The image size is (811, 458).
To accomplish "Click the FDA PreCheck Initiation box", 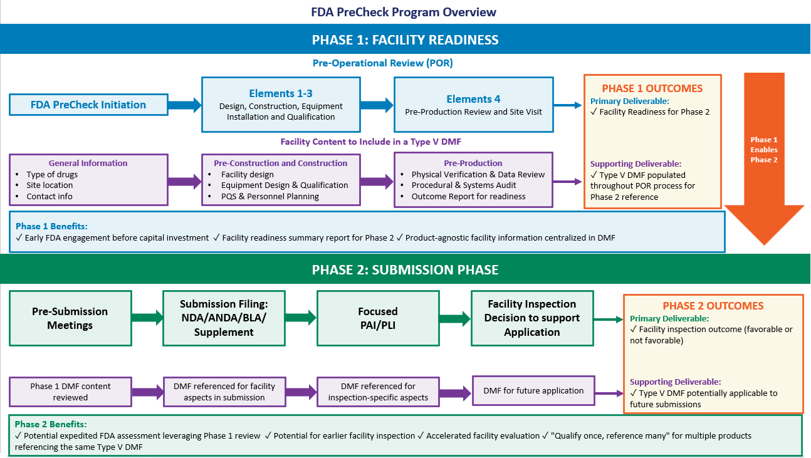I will (88, 105).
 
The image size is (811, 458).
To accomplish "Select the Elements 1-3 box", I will (281, 105).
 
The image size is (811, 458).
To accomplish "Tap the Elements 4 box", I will (473, 105).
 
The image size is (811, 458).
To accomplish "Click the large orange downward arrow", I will (763, 157).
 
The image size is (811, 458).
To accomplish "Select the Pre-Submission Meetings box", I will (71, 318).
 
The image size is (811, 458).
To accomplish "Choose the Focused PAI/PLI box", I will (378, 318).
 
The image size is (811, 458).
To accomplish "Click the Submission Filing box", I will (224, 318).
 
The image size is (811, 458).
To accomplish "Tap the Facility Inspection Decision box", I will (531, 318).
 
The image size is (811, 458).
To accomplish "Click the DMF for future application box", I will (533, 390).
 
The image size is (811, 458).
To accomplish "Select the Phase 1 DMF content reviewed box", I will (71, 392).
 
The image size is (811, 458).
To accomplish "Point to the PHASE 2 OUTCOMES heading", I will (713, 306).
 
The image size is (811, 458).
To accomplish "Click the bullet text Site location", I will (50, 185).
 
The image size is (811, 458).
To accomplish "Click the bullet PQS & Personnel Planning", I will (270, 197).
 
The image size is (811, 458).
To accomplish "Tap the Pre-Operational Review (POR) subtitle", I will (382, 63).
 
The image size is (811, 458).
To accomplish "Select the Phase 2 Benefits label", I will (51, 424).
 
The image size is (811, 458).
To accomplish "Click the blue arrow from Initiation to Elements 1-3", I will (184, 105).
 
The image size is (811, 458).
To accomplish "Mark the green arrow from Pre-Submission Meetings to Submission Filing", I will (147, 318).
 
